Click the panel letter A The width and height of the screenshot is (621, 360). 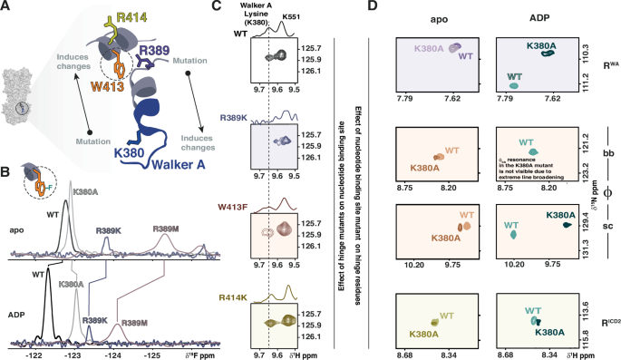click(6, 7)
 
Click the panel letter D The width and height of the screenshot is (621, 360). click(372, 7)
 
